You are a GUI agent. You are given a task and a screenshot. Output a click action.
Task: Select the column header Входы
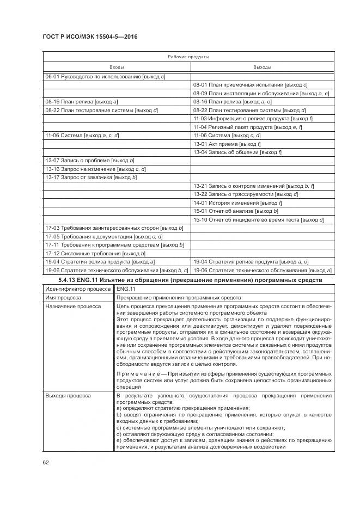click(117, 66)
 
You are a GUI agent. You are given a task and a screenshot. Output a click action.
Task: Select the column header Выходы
click(261, 66)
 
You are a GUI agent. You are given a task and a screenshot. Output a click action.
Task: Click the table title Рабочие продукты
click(188, 57)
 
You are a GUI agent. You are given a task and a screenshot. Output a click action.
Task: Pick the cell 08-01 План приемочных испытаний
click(251, 85)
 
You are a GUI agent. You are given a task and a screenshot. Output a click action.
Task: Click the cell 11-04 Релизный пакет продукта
click(248, 127)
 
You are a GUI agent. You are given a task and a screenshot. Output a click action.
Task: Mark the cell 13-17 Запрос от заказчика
click(91, 177)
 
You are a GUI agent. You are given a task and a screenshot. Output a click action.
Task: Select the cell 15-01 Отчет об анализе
click(236, 211)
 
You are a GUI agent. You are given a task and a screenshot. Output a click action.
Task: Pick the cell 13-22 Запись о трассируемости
click(246, 194)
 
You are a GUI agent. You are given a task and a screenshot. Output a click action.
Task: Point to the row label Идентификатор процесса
click(72, 289)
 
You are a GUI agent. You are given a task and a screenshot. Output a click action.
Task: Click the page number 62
click(46, 463)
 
